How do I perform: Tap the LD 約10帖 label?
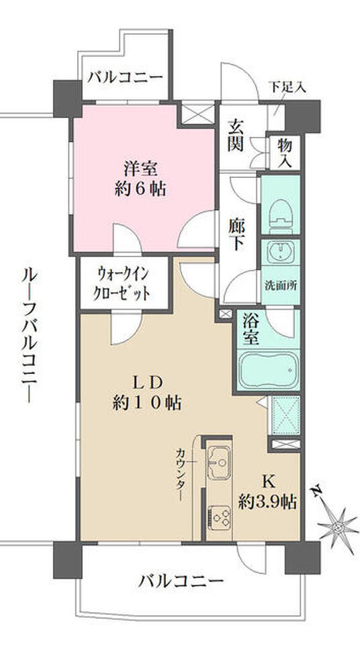[x=148, y=393]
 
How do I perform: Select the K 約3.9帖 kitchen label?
[x=268, y=491]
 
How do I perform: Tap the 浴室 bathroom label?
[x=250, y=330]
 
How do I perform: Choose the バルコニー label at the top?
[x=125, y=77]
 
